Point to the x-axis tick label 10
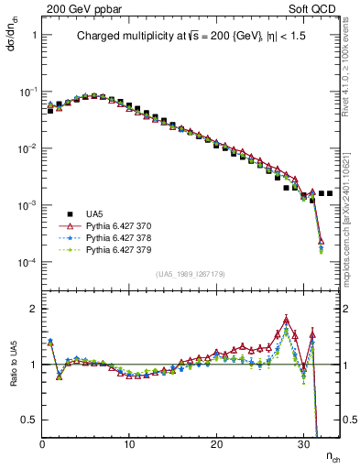[130, 444]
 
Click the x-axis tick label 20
[217, 444]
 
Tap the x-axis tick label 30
[304, 444]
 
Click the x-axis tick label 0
[43, 444]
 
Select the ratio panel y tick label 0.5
[29, 420]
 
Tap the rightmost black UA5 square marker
[330, 193]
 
